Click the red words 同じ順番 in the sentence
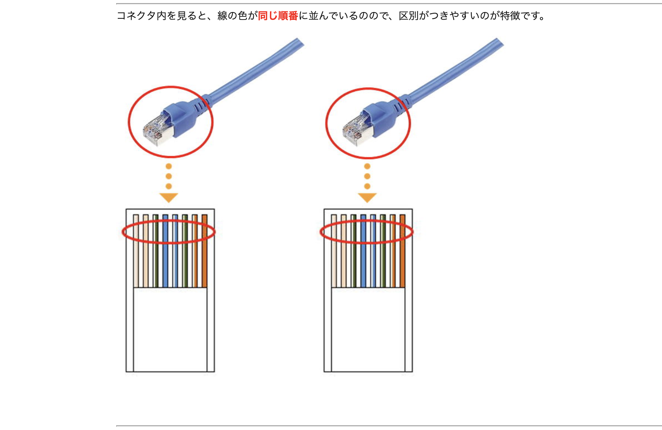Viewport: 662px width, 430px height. coord(278,16)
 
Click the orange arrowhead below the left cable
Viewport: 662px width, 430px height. coord(169,197)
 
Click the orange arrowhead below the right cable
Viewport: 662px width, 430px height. coord(367,197)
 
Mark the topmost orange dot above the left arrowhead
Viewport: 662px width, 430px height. coord(169,166)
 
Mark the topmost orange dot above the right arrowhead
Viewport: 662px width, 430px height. coord(367,166)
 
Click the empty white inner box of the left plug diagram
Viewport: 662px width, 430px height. coord(170,330)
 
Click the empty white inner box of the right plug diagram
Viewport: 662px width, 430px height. coord(368,330)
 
